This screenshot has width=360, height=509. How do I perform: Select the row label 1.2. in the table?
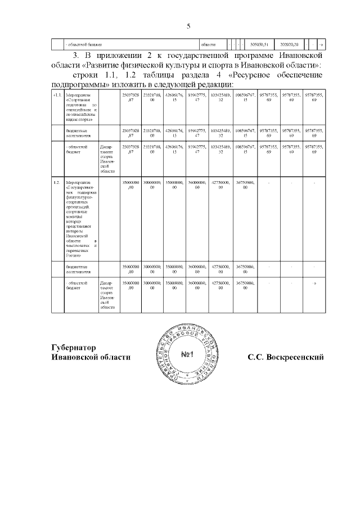56,183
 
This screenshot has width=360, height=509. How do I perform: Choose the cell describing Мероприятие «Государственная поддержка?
81,219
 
